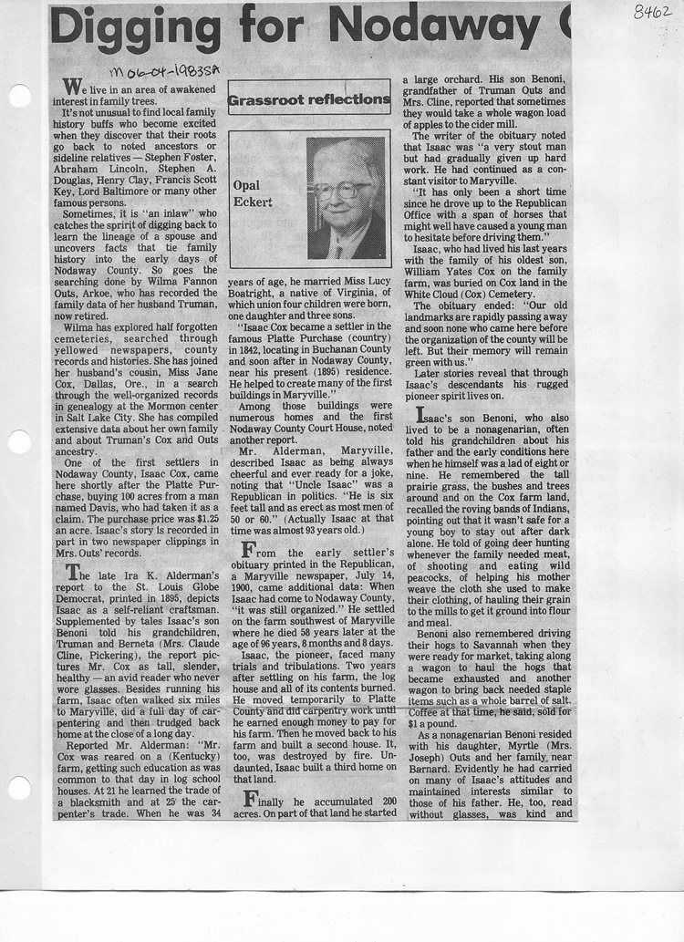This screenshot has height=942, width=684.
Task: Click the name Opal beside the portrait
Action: (x=246, y=185)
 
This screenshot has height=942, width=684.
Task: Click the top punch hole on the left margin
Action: (x=19, y=96)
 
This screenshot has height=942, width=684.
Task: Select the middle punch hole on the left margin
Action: (x=19, y=442)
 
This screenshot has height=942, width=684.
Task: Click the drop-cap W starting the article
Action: (x=70, y=86)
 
